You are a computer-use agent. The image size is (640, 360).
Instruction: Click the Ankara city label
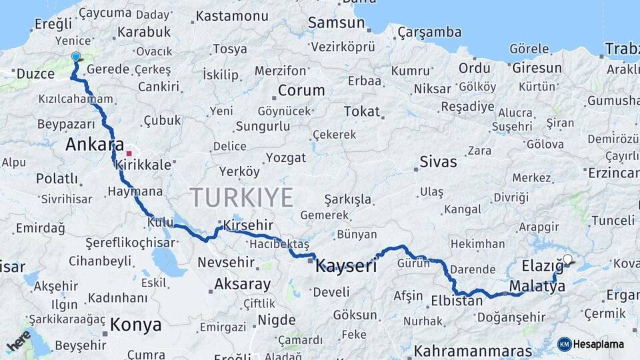tap(95, 145)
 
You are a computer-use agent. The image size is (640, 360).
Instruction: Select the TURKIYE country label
tap(241, 198)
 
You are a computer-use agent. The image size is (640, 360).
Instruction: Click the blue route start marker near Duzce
tap(75, 57)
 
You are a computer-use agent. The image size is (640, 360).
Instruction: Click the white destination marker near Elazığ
tap(567, 259)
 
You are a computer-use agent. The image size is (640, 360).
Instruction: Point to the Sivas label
tap(439, 161)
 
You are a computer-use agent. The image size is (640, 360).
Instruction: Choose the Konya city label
tap(135, 325)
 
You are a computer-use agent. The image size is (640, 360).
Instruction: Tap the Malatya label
tap(537, 286)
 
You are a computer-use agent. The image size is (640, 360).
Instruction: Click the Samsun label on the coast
tap(336, 23)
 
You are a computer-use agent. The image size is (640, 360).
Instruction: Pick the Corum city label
tap(301, 91)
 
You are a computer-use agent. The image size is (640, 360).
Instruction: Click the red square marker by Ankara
tap(129, 153)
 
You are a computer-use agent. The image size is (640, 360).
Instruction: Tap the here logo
tap(18, 341)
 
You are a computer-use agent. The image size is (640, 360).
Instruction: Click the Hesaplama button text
tap(599, 344)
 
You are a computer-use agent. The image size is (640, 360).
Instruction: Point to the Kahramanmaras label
tap(473, 350)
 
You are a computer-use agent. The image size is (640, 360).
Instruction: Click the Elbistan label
tap(457, 300)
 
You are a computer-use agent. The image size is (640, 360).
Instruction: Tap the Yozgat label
tap(286, 158)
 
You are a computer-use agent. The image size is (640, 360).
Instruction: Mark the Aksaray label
tap(243, 285)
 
